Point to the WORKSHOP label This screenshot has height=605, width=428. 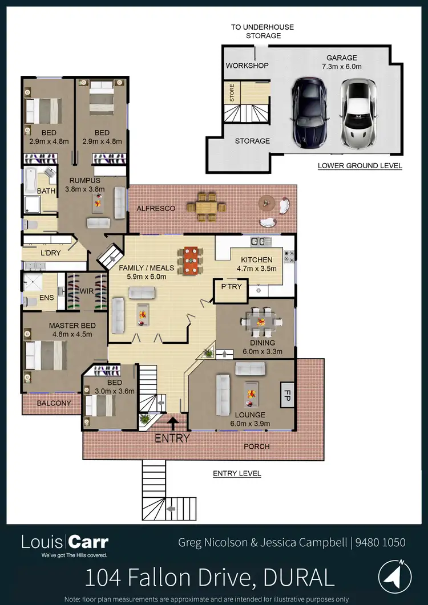(247, 66)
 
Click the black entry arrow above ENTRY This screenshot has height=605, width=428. (172, 422)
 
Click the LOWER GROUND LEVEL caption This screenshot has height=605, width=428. (360, 166)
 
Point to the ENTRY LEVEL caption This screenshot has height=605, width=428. (237, 473)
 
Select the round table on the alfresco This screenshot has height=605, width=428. (267, 202)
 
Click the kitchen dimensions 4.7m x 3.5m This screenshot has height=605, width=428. (256, 269)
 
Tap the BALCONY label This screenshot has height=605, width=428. (54, 403)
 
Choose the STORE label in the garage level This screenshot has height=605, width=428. (232, 92)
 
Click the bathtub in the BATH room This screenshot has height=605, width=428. (30, 181)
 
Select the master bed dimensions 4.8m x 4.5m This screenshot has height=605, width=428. (71, 334)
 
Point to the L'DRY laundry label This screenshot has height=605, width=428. (50, 252)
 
